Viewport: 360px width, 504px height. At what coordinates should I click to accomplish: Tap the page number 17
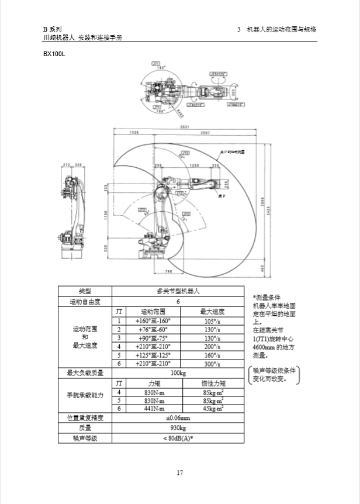pos(180,473)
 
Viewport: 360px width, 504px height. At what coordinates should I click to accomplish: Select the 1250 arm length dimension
pos(195,166)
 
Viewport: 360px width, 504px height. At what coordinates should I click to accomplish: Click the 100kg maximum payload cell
pos(178,372)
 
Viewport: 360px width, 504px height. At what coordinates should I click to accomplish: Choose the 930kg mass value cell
pos(178,428)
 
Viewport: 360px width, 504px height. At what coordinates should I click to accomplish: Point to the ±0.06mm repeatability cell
pos(178,417)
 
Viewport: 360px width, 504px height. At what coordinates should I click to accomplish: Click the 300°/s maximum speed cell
pos(212,363)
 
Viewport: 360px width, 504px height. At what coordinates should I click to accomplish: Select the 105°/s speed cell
pos(212,321)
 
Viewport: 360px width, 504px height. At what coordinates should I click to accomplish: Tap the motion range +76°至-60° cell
pos(151,329)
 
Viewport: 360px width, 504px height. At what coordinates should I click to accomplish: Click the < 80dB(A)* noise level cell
pos(178,439)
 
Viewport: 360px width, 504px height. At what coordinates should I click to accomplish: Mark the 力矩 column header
pos(154,383)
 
